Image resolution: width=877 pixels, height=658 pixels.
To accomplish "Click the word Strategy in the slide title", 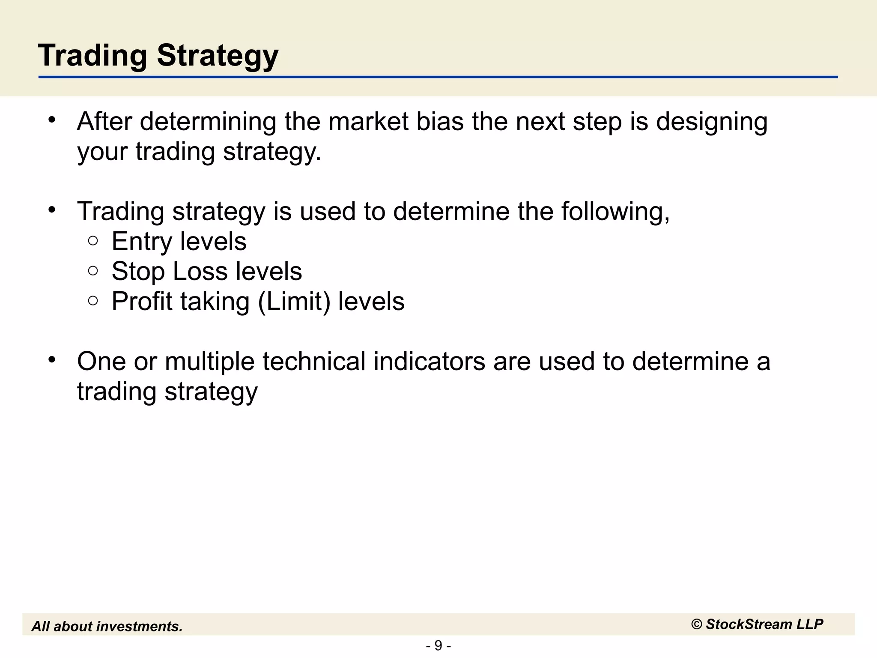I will (x=218, y=56).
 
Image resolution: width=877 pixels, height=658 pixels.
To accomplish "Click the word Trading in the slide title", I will (x=92, y=56).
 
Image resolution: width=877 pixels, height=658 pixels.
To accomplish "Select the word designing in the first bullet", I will (x=711, y=122).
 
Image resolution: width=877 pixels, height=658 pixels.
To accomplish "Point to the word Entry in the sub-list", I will (x=142, y=242).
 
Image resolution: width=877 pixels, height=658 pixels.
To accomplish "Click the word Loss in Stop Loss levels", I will (x=200, y=272).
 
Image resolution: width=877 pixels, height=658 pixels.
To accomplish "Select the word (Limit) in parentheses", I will (x=294, y=302).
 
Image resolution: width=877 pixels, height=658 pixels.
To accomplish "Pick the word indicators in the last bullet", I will (x=429, y=362).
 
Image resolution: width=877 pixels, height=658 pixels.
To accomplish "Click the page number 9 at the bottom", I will (x=438, y=645).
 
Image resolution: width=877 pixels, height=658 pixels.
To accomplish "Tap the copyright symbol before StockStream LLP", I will (x=697, y=625).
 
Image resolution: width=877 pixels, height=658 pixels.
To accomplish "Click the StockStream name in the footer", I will (x=749, y=625).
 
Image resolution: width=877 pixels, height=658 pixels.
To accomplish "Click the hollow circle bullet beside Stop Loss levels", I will (x=93, y=271).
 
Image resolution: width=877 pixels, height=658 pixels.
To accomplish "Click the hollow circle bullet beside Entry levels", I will (x=93, y=241).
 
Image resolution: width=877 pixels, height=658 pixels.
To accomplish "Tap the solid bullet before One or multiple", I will (x=52, y=360).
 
